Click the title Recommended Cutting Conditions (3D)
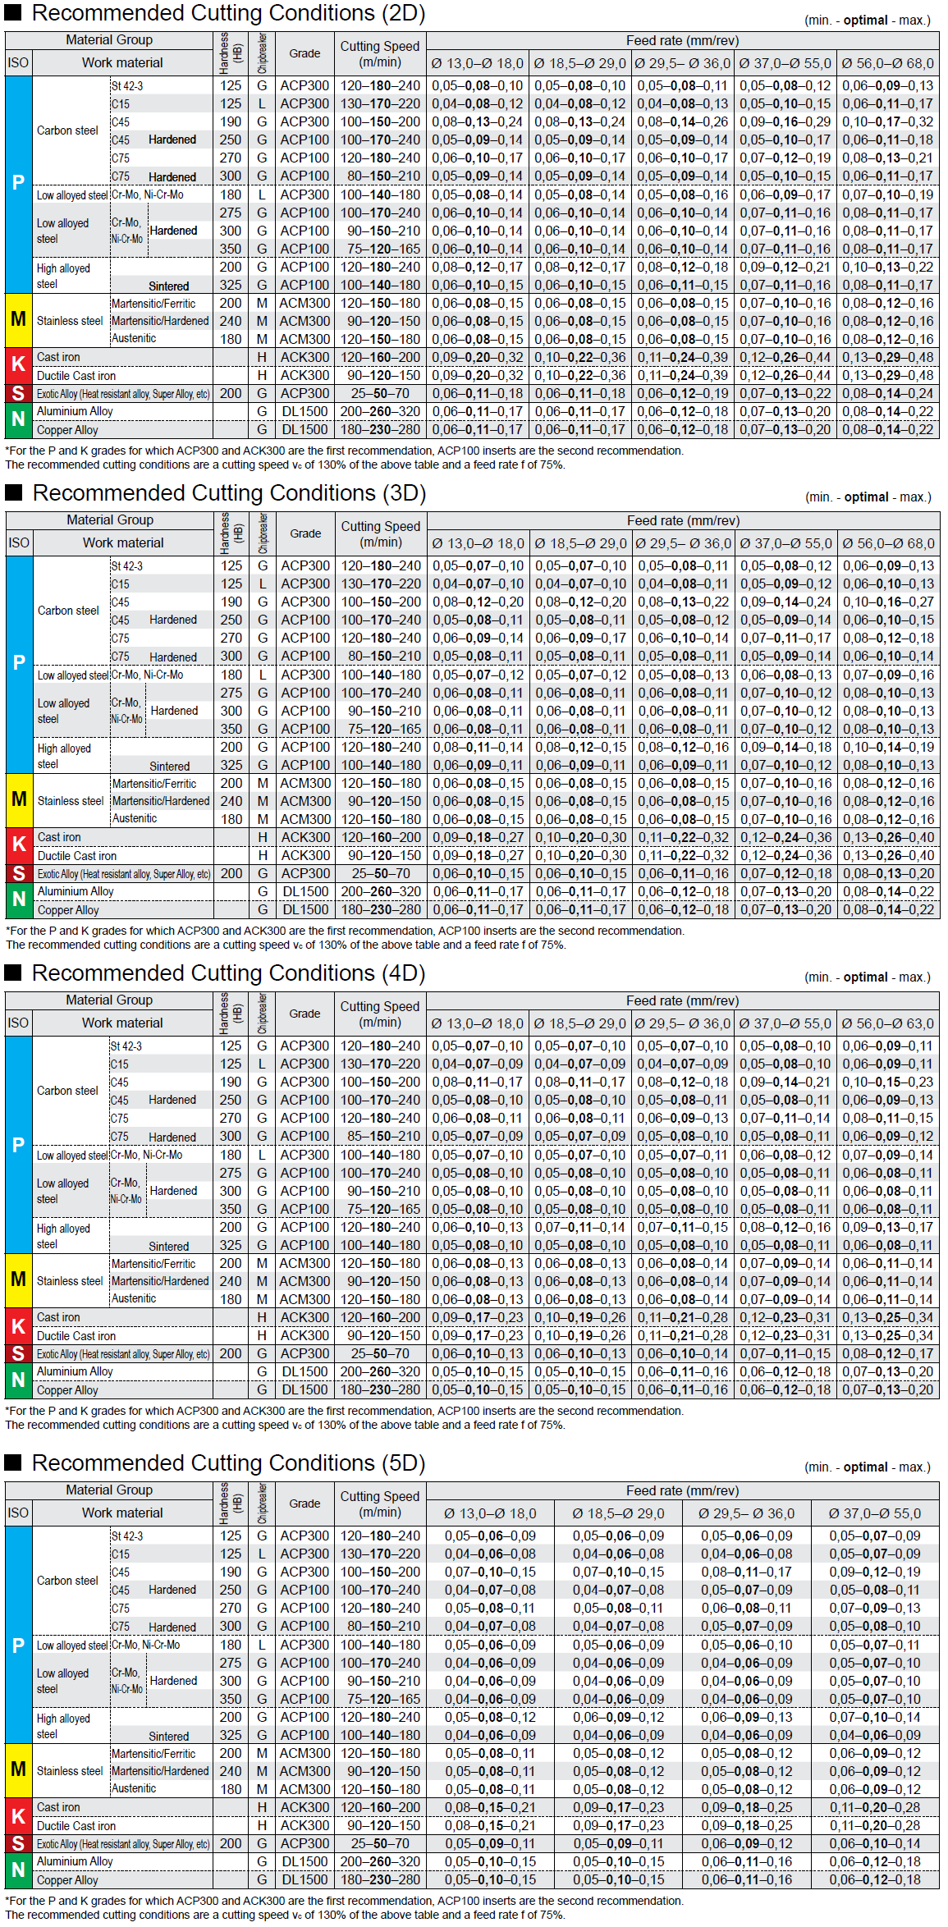point(228,493)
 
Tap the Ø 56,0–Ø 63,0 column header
point(887,1023)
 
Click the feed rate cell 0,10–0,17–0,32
point(887,121)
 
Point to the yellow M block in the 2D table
point(18,320)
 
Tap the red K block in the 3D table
point(19,845)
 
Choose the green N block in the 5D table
point(18,1870)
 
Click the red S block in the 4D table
point(18,1353)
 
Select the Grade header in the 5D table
point(305,1504)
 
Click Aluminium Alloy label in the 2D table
point(75,411)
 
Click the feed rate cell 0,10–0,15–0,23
point(887,1083)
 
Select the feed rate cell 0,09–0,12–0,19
point(874,1572)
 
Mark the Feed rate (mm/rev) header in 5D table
point(682,1490)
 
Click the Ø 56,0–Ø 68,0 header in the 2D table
point(887,63)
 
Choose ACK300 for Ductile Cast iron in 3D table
point(305,855)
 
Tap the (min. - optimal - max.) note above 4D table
point(867,977)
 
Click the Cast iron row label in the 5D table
point(58,1807)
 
